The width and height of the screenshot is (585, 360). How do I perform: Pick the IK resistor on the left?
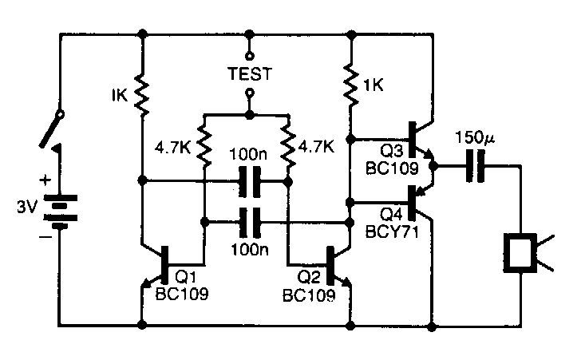[142, 93]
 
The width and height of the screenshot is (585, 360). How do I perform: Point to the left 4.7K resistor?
[205, 145]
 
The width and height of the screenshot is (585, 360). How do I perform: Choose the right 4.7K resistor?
[287, 145]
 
